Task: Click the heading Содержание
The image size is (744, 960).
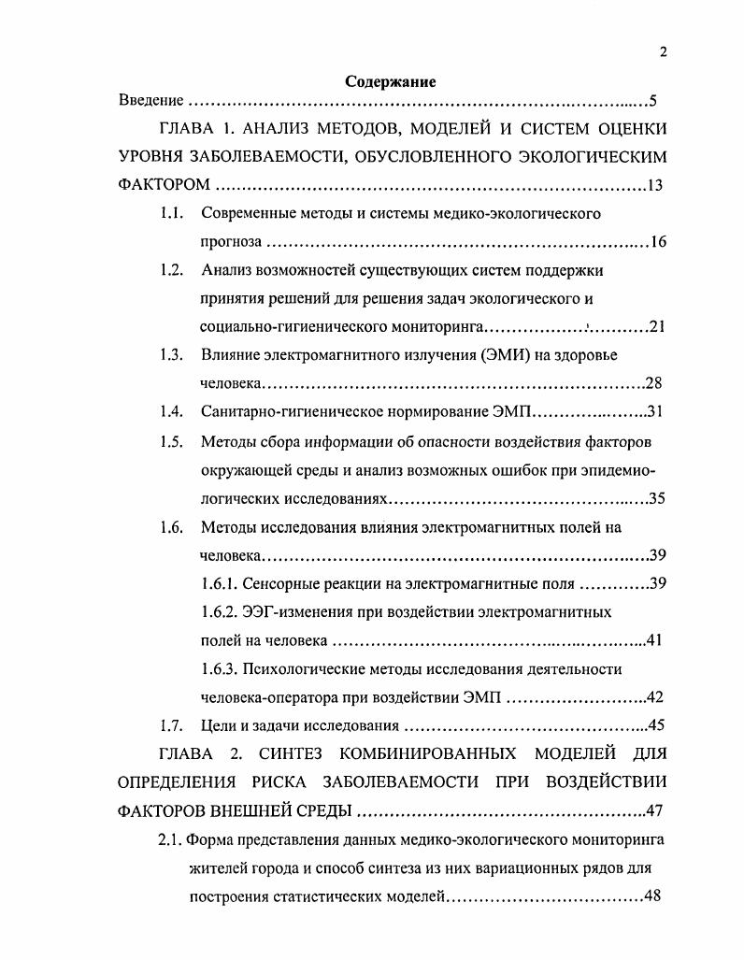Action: coord(391,81)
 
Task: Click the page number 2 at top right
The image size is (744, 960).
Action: coord(663,52)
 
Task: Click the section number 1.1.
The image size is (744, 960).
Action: coord(170,214)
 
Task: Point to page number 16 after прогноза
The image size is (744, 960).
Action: coord(658,242)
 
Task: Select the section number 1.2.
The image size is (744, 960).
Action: coord(170,270)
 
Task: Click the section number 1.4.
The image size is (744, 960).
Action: coord(170,411)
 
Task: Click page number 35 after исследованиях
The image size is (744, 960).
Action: coord(657,497)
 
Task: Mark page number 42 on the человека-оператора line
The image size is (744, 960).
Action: coord(655,697)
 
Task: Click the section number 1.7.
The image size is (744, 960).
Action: coord(170,725)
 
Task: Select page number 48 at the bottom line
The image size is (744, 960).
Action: coord(651,896)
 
